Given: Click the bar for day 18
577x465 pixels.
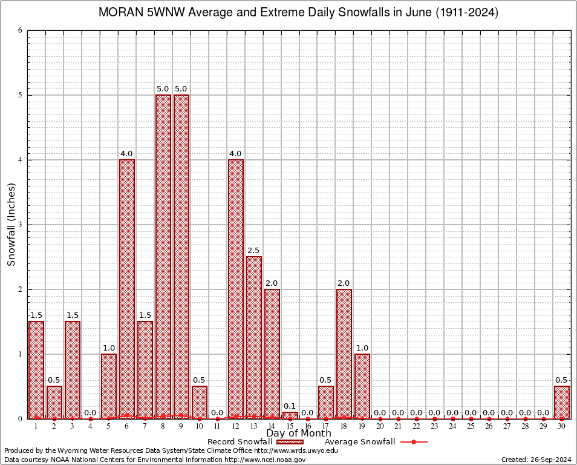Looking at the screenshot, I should (x=344, y=354).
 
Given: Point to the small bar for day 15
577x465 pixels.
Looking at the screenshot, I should (x=290, y=415).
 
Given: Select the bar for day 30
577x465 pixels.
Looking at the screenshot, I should (x=562, y=402).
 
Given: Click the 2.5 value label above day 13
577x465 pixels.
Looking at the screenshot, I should (x=254, y=251).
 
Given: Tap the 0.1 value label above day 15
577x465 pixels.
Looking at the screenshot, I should (x=290, y=406).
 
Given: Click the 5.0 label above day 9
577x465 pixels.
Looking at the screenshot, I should (x=181, y=89).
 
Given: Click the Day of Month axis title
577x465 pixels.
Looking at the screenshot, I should (x=299, y=434).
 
